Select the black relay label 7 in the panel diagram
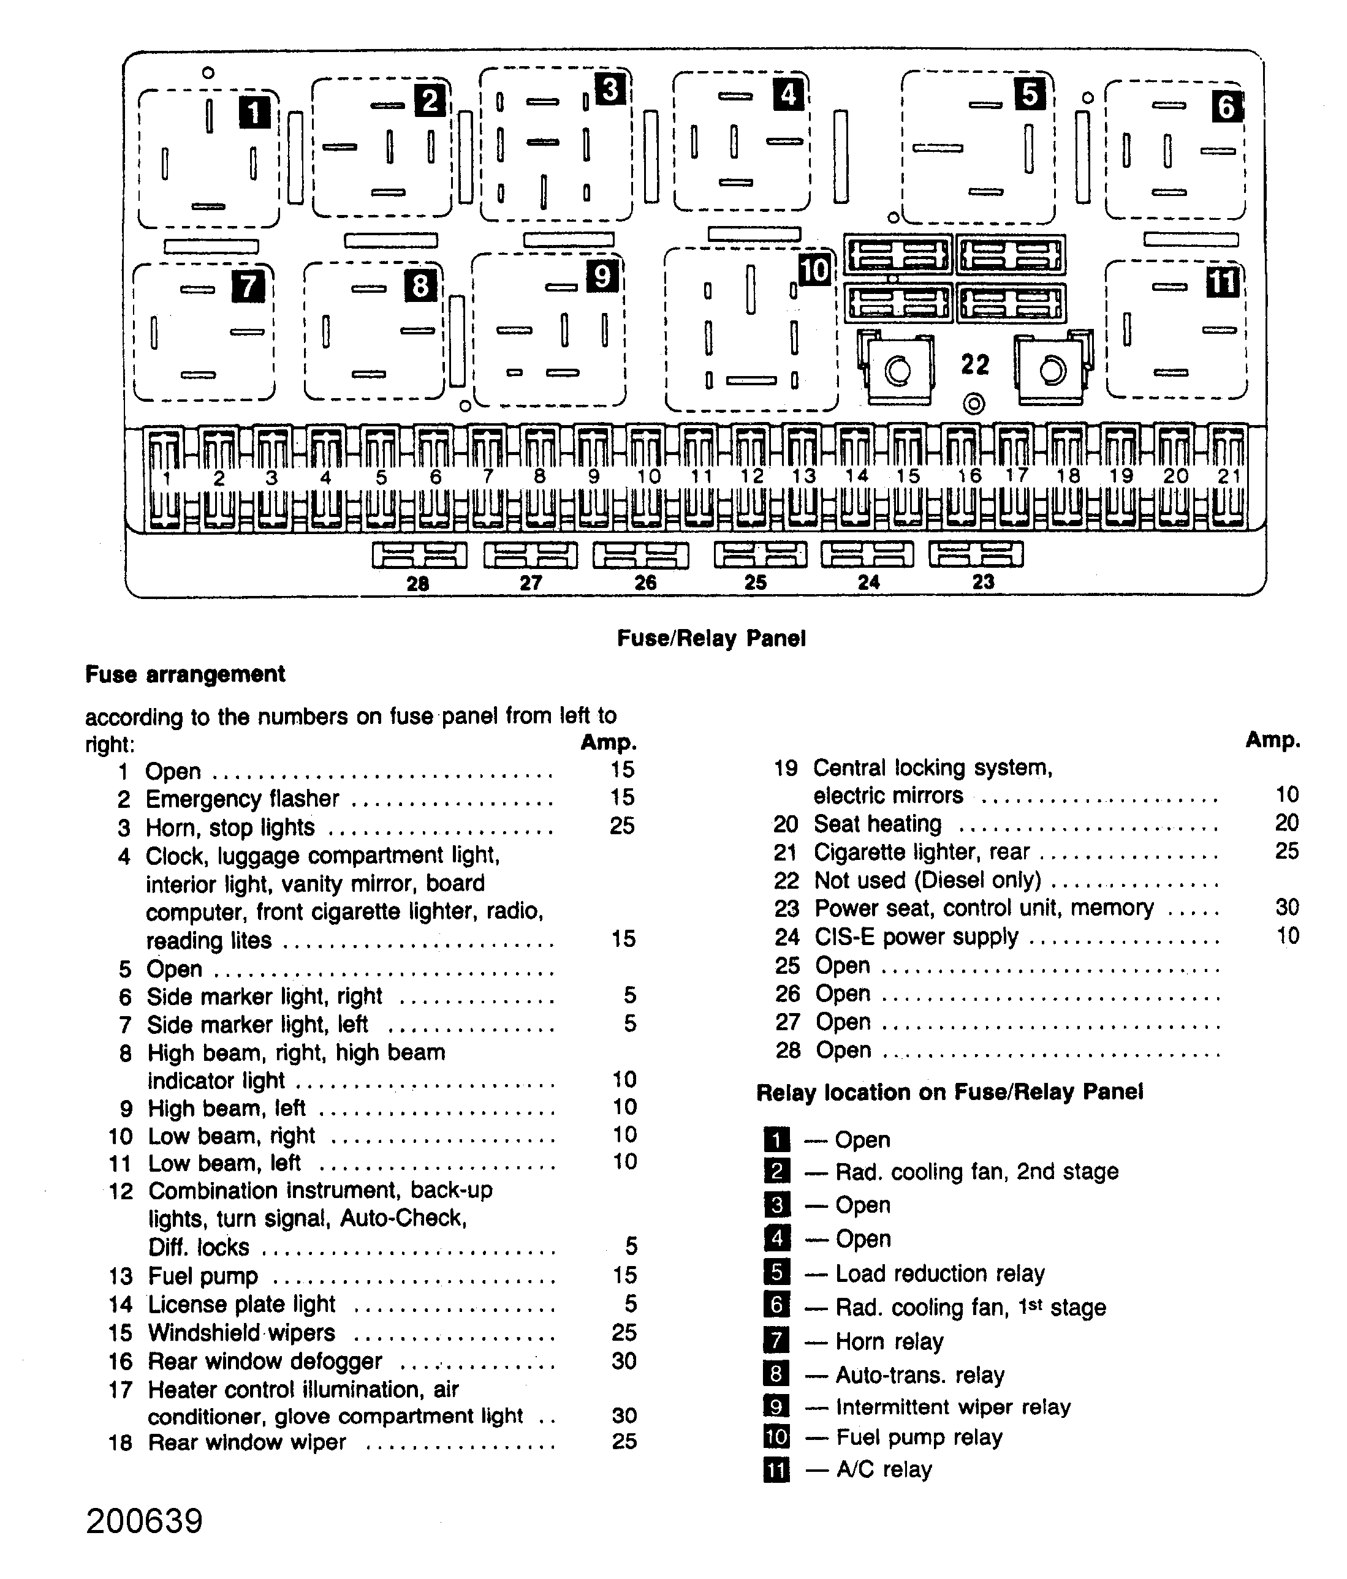coord(248,287)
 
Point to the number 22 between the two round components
coord(975,365)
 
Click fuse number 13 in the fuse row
coord(803,477)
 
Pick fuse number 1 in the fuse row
coord(165,478)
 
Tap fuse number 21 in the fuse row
coord(1229,477)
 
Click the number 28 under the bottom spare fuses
coord(418,584)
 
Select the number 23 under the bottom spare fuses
coord(984,582)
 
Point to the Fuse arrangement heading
coord(185,674)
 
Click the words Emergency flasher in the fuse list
coord(243,799)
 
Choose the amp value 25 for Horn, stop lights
coord(622,826)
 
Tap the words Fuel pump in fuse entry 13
coord(203,1276)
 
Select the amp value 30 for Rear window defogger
coord(624,1361)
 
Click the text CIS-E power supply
coord(916,936)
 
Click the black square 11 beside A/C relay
coord(776,1469)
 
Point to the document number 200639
coord(145,1521)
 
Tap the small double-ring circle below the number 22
coord(973,404)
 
